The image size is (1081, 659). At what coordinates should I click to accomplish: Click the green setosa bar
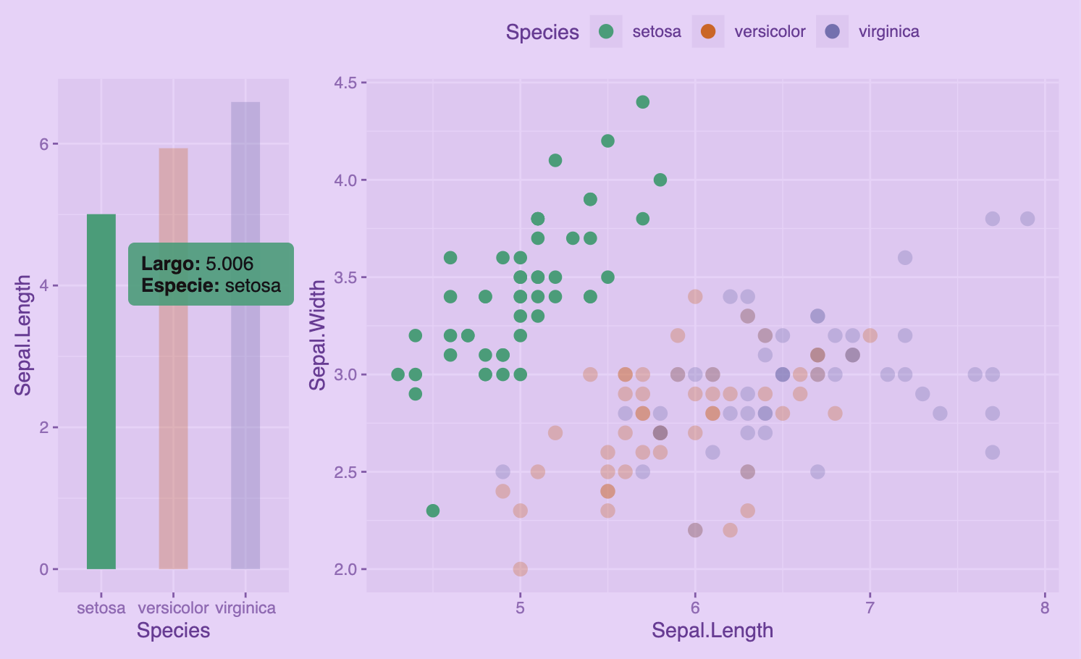pos(101,435)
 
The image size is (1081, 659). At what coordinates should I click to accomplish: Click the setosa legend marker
pos(606,31)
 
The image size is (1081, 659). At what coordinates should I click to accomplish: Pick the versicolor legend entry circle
pos(708,31)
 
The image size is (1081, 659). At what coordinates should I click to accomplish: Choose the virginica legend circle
pos(832,31)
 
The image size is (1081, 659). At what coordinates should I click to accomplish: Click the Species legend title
pos(542,33)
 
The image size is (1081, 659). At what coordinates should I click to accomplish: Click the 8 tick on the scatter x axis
pos(1044,608)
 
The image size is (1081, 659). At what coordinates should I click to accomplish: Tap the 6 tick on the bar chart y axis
pos(45,144)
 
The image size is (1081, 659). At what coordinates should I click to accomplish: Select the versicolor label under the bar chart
pos(173,608)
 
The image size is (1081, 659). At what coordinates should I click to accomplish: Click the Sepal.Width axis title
pos(318,335)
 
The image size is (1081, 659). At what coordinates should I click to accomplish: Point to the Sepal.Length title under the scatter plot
pos(712,631)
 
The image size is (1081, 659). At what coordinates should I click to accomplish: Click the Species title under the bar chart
pos(173,631)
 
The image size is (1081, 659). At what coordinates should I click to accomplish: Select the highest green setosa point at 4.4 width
pos(642,102)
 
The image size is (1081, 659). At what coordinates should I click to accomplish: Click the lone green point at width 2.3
pos(433,511)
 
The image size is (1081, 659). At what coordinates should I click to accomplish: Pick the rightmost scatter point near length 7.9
pos(1027,219)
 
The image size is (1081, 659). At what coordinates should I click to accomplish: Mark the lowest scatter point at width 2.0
pos(520,568)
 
